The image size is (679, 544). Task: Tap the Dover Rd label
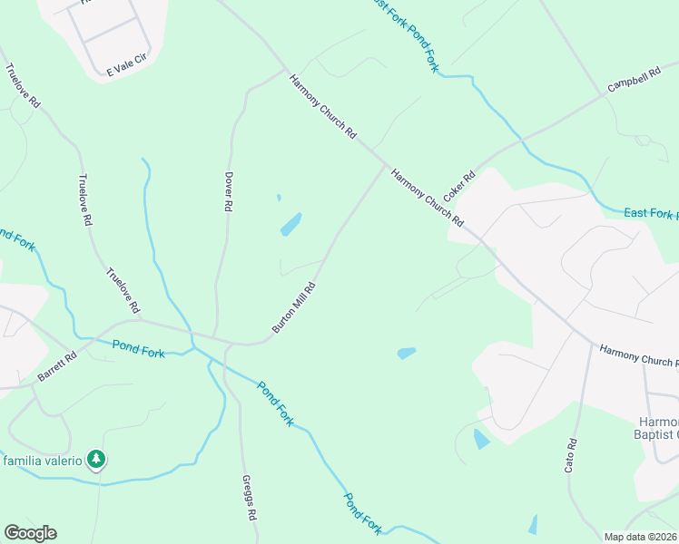coord(229,192)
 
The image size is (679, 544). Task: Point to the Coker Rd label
coord(459,188)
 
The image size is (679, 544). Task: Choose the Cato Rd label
coord(571,456)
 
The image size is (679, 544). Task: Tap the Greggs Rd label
coord(249,498)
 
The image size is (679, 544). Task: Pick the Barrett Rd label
coord(57,366)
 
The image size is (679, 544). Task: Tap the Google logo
coord(30,533)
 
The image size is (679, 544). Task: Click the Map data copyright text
coord(641,537)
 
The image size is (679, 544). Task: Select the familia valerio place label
coord(43,461)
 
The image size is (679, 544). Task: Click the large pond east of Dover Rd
coord(290,224)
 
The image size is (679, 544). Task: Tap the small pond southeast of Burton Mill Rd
coord(406,353)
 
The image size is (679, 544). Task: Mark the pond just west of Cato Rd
coord(480,440)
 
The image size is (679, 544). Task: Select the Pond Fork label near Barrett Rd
coord(139,348)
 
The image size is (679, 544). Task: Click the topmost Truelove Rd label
coord(23,86)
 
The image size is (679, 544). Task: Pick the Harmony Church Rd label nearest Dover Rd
coord(323,107)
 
